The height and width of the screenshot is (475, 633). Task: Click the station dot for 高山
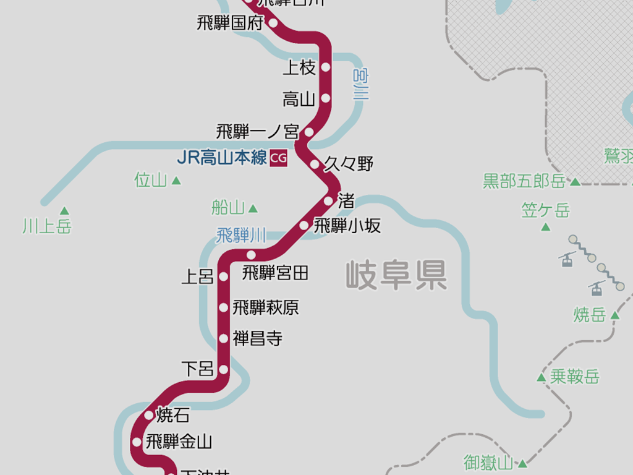(x=326, y=98)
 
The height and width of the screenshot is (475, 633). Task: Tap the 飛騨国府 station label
(x=229, y=24)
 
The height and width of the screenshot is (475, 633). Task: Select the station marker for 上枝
(x=326, y=67)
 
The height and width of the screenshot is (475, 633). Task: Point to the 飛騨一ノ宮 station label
(x=257, y=132)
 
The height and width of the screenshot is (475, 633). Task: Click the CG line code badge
(x=279, y=158)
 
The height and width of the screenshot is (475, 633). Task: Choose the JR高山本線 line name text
(x=222, y=158)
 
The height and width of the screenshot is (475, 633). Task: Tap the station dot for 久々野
(x=315, y=165)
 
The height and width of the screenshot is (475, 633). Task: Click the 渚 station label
(x=346, y=200)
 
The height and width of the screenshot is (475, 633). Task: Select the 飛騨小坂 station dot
(x=304, y=225)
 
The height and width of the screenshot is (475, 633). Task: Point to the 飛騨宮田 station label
(x=275, y=272)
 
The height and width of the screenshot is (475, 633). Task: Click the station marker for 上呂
(x=224, y=276)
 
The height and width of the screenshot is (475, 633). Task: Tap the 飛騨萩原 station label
(x=266, y=307)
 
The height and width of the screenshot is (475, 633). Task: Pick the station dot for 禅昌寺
(x=224, y=338)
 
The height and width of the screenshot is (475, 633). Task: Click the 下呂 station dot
(x=224, y=370)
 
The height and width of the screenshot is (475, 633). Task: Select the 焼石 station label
(x=173, y=414)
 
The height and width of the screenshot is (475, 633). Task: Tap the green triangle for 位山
(x=176, y=181)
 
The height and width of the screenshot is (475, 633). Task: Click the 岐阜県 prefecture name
(x=396, y=275)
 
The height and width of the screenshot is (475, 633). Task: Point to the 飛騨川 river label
(x=241, y=236)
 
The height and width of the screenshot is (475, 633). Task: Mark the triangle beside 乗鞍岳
(x=542, y=377)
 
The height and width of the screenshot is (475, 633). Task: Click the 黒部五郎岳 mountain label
(x=524, y=181)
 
